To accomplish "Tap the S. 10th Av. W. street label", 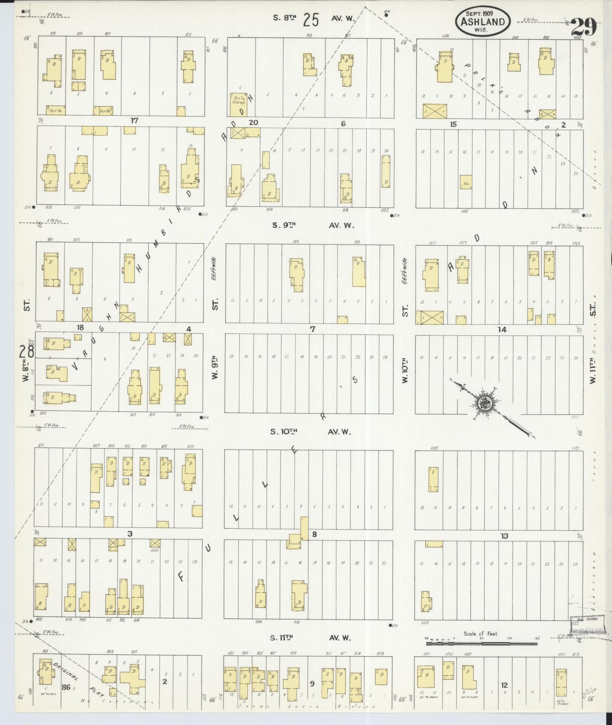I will tap(310, 432).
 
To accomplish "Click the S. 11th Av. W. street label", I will tap(310, 637).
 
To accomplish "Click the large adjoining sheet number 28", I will tap(27, 351).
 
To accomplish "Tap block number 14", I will tap(502, 330).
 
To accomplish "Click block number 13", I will tap(504, 536).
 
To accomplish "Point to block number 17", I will tap(134, 121).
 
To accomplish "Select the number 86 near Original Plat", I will tap(66, 687).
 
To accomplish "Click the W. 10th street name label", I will tap(405, 370).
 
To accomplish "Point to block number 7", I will tap(312, 329).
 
